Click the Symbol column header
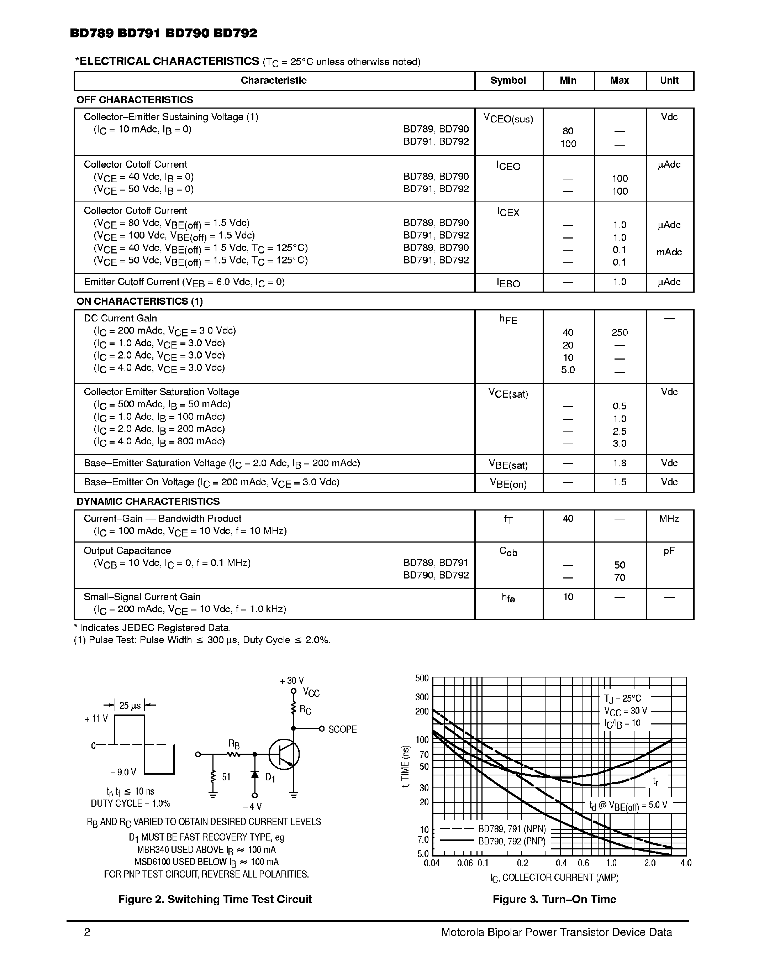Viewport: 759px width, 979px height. tap(508, 81)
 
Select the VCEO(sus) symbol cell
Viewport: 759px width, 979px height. tap(508, 119)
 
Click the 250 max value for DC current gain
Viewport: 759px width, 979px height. tap(619, 333)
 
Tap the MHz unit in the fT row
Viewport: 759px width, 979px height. tap(669, 519)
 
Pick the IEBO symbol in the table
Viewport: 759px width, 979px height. tap(508, 283)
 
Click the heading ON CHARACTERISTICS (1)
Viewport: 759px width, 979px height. tap(139, 301)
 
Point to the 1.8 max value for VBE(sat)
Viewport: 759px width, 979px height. tap(619, 463)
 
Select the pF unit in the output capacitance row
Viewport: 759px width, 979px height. tap(669, 551)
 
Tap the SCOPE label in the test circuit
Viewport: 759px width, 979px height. tap(342, 729)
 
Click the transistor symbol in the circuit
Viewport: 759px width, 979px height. tap(284, 754)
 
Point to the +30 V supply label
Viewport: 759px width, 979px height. tap(292, 681)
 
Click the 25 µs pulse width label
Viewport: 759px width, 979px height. tap(130, 706)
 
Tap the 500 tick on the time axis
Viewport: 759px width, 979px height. tap(422, 678)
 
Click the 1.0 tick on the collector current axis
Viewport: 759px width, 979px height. tap(611, 863)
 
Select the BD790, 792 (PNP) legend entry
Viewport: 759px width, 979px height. tap(512, 841)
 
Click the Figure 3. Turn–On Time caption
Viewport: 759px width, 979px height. tap(554, 899)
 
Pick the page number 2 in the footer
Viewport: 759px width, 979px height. tap(87, 932)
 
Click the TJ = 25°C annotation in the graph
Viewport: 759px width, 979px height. tap(622, 698)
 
